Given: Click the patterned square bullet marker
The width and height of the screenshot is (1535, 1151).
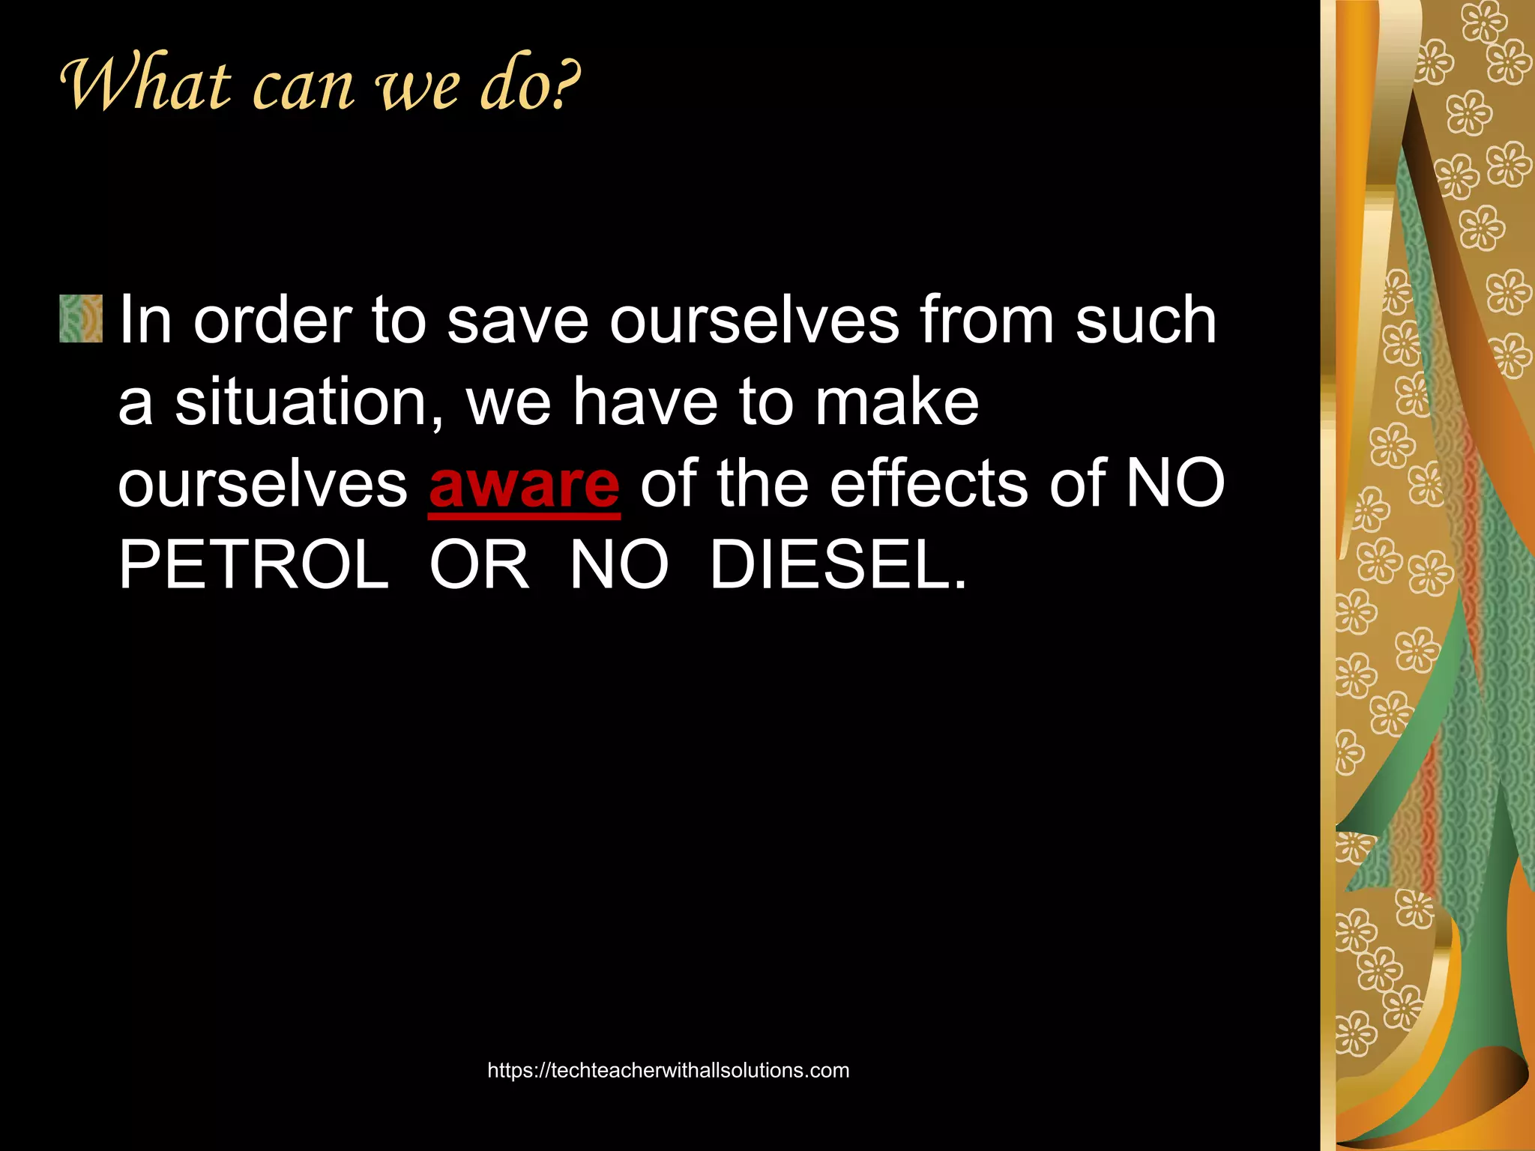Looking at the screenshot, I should (81, 318).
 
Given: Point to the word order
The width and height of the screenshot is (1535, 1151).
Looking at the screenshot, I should (273, 320).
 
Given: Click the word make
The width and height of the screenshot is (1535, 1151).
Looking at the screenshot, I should (897, 402).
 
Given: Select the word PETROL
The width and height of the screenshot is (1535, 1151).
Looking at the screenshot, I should (253, 565).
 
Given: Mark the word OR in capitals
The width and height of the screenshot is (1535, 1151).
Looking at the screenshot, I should (478, 565).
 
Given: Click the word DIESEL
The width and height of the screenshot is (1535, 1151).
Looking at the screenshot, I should (837, 565).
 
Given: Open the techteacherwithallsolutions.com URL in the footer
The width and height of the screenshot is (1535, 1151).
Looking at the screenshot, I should (668, 1070).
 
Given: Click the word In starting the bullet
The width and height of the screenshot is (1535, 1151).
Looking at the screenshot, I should (145, 320).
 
